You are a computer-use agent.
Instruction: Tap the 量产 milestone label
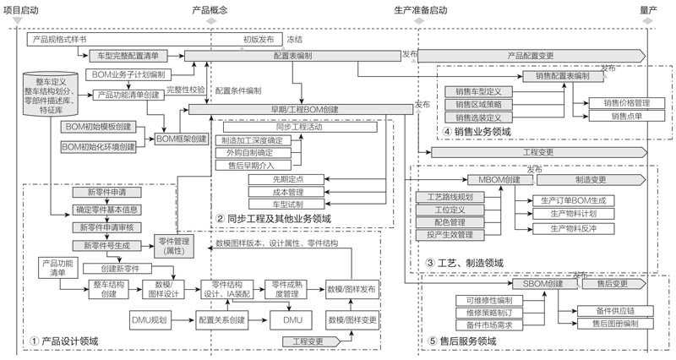pos(649,9)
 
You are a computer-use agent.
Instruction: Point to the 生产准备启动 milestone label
pos(420,9)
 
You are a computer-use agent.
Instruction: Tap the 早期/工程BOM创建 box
pos(301,109)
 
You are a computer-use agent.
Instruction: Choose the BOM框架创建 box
pos(182,138)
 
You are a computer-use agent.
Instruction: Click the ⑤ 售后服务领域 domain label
pos(464,341)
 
